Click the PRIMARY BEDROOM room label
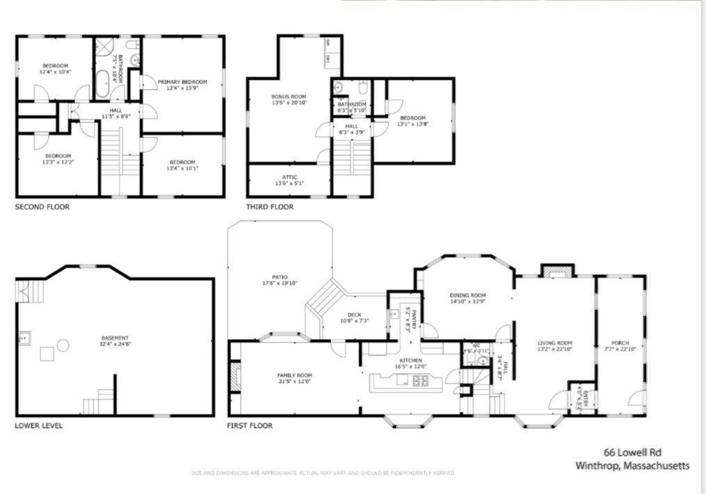[182, 82]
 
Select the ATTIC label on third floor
[289, 177]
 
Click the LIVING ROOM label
[554, 343]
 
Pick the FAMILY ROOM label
[294, 375]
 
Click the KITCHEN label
[410, 360]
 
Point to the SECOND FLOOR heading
[42, 207]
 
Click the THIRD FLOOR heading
[269, 207]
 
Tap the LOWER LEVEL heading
[38, 425]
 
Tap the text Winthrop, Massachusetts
[632, 466]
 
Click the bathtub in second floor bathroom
[102, 81]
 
